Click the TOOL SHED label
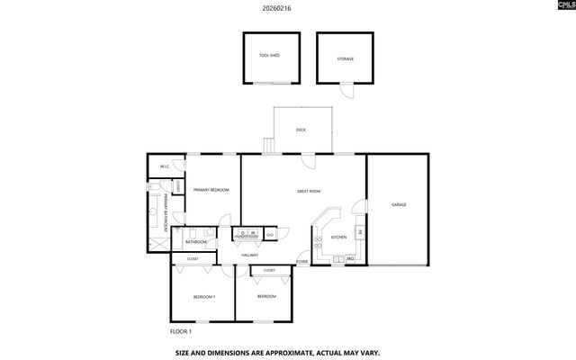click(269, 56)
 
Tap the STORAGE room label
click(346, 59)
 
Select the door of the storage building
click(347, 89)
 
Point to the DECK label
click(301, 130)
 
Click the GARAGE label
click(399, 204)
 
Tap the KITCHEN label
click(338, 237)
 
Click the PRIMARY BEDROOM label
click(211, 190)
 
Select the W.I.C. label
click(166, 166)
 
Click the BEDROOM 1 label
click(203, 296)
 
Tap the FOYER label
click(302, 262)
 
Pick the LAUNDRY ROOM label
click(246, 238)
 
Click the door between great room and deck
click(308, 158)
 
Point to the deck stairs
click(268, 145)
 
